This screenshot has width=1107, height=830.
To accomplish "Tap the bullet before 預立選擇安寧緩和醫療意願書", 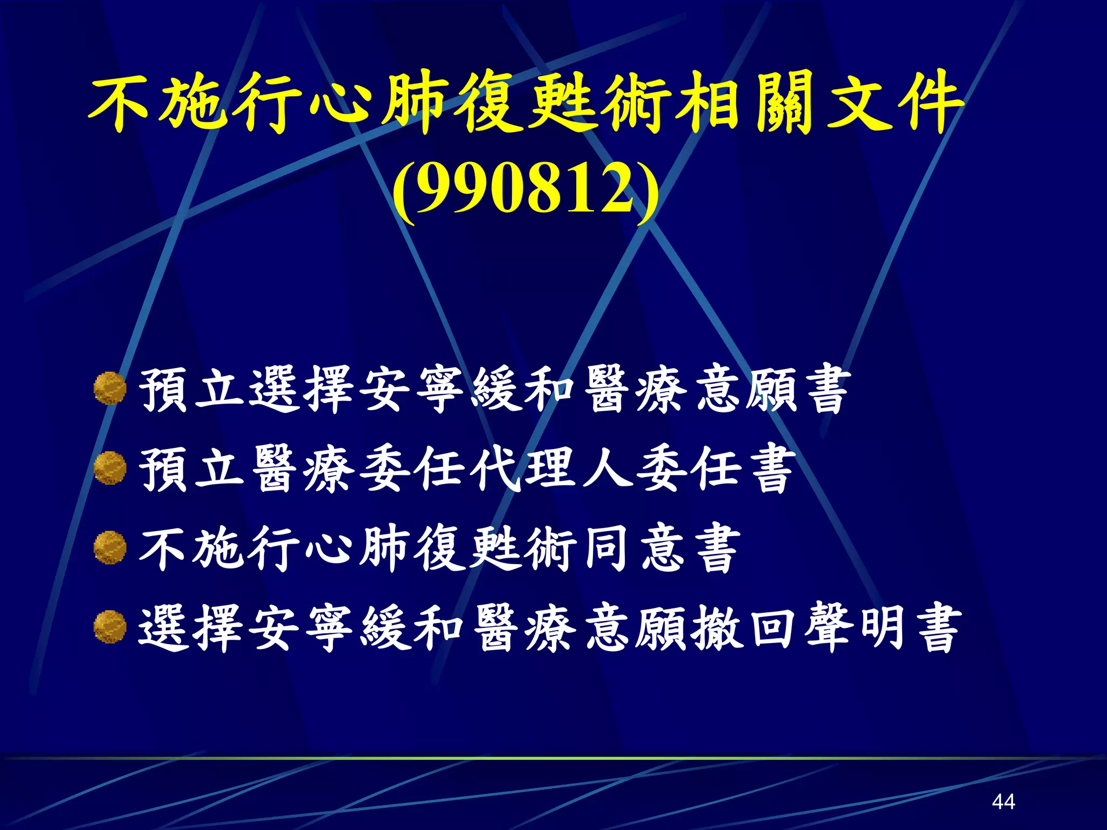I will click(x=110, y=388).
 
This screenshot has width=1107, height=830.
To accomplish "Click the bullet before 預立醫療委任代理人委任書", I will click(x=110, y=467).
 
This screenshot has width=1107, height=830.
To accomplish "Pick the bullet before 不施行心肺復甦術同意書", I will click(x=110, y=547).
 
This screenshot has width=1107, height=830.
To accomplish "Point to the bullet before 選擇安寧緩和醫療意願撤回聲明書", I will click(x=110, y=627).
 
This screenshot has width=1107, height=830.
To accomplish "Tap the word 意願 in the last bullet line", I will click(x=636, y=628).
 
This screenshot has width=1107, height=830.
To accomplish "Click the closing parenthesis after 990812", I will click(x=648, y=192).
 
